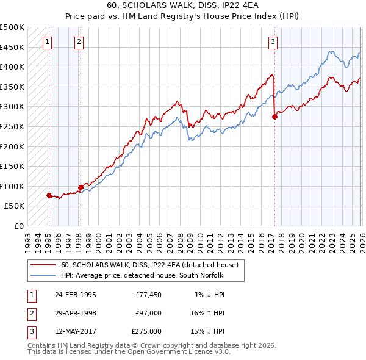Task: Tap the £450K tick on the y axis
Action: coord(12,47)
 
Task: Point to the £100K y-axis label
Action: coord(12,186)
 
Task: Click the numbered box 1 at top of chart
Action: coord(48,42)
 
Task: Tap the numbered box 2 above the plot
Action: coord(79,42)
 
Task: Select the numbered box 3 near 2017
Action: coord(273,42)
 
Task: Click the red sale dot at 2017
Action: coord(274,117)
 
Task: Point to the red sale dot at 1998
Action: coord(81,187)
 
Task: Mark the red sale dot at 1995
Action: coord(49,195)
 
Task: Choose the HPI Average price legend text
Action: coord(142,275)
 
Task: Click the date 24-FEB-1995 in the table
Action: coord(76,295)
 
